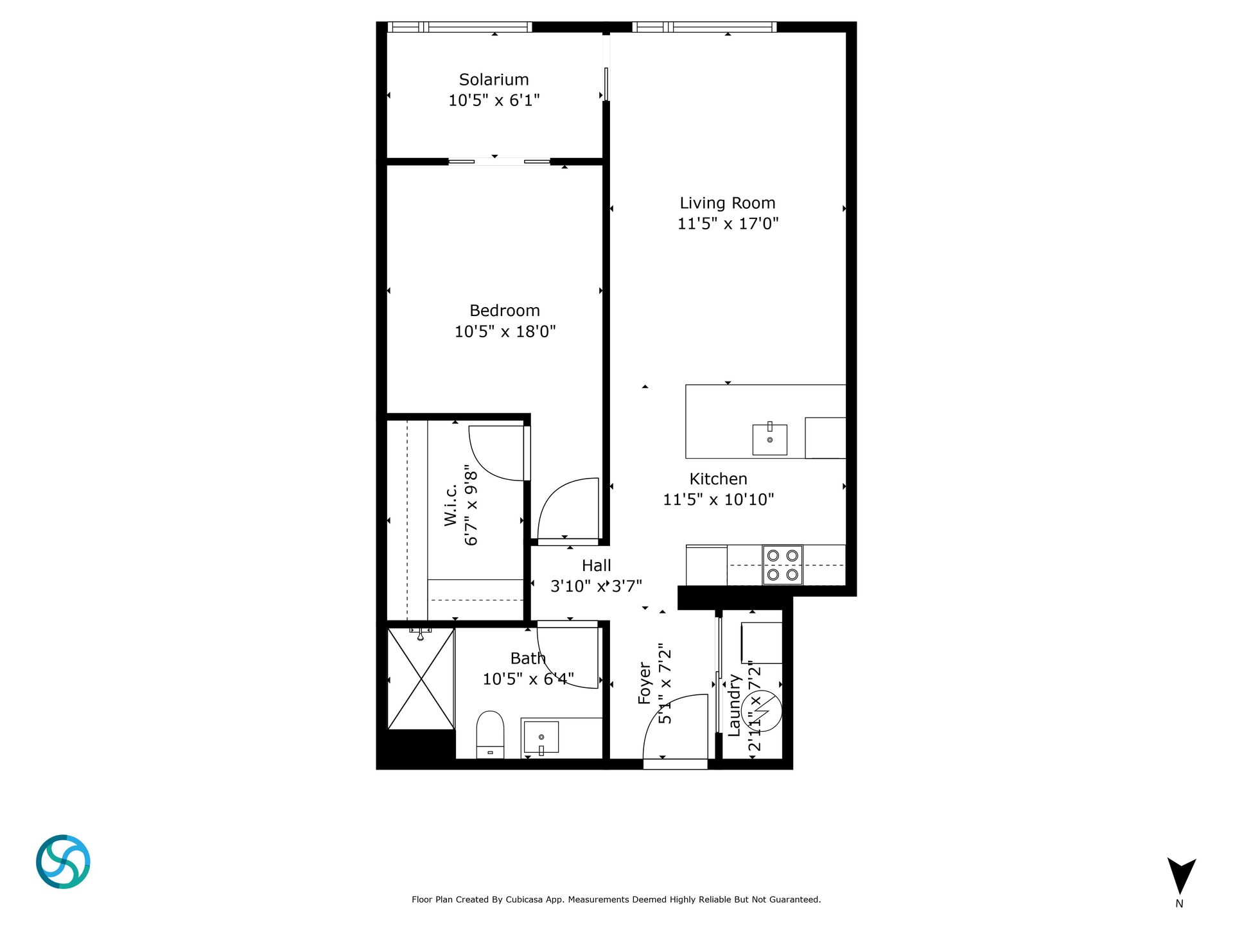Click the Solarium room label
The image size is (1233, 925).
pyautogui.click(x=494, y=80)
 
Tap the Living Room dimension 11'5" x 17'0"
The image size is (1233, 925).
pyautogui.click(x=728, y=224)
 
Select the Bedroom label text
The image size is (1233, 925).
pyautogui.click(x=505, y=311)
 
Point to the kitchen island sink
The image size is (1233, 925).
pyautogui.click(x=770, y=439)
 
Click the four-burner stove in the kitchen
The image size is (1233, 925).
pyautogui.click(x=783, y=565)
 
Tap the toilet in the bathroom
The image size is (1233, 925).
pyautogui.click(x=490, y=734)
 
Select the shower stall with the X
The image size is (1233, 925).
pyautogui.click(x=421, y=679)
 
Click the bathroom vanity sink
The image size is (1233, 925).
pyautogui.click(x=541, y=737)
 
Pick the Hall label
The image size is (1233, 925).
pyautogui.click(x=597, y=566)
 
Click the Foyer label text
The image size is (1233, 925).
pyautogui.click(x=645, y=684)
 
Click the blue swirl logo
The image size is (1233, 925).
pyautogui.click(x=63, y=862)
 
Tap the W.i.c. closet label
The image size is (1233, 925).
pyautogui.click(x=451, y=505)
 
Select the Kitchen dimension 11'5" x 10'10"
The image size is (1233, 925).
pyautogui.click(x=719, y=500)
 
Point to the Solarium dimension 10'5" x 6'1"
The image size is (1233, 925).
pyautogui.click(x=494, y=100)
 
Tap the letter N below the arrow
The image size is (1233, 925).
pyautogui.click(x=1179, y=904)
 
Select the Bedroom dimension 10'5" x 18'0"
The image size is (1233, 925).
pyautogui.click(x=505, y=331)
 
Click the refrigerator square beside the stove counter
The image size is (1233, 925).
pyautogui.click(x=706, y=565)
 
